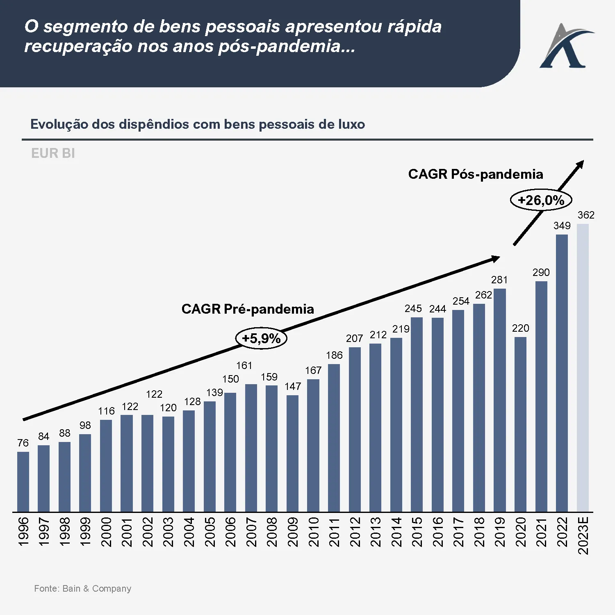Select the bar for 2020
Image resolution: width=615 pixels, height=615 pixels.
[520, 424]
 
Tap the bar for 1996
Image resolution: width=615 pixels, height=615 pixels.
[23, 481]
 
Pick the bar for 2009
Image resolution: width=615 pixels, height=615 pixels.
[292, 453]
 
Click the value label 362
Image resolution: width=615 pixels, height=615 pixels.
[586, 215]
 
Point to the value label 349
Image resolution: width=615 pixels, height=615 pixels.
[562, 225]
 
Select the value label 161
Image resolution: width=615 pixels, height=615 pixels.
[244, 365]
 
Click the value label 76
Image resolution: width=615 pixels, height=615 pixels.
[23, 443]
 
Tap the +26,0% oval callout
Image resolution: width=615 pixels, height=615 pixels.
[541, 200]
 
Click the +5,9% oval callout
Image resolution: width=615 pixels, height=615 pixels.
[261, 339]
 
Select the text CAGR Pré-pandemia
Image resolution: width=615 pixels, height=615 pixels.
[248, 309]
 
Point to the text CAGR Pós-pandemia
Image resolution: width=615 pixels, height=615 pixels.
[476, 174]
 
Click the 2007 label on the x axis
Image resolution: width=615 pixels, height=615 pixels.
[251, 532]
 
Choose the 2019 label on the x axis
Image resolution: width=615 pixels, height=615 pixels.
[500, 532]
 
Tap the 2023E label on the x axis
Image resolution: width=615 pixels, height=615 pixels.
[583, 535]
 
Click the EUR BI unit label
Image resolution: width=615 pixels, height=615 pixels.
[53, 153]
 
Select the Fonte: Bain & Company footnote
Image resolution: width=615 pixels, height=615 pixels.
[82, 588]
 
